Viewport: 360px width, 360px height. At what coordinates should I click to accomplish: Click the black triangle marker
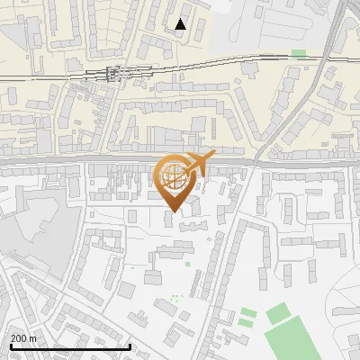(181, 24)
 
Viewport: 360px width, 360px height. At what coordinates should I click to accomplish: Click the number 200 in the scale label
(20, 338)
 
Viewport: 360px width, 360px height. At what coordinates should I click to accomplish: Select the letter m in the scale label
(32, 338)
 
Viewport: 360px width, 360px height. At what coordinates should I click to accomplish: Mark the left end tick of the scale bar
(10, 345)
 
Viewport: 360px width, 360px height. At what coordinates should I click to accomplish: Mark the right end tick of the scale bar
(130, 345)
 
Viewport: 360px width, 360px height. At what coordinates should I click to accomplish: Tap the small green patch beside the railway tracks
(298, 53)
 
